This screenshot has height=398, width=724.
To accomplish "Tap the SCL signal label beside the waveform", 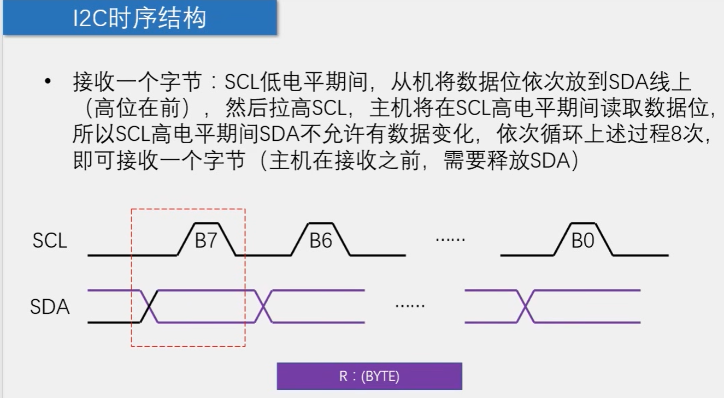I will pos(50,241).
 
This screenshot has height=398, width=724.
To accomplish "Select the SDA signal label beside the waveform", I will pos(50,307).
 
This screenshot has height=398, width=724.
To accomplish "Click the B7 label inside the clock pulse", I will pos(206,241).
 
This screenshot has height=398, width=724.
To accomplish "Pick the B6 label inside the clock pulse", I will pos(321,241).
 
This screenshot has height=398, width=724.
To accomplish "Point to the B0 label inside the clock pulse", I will pos(582,241).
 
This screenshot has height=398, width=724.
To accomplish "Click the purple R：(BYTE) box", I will pos(369,376).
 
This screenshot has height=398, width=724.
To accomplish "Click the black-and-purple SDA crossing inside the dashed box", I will pos(149,306).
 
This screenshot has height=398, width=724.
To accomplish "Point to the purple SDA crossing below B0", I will pos(526,306).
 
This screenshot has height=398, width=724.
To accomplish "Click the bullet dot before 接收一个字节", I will pos(49,82).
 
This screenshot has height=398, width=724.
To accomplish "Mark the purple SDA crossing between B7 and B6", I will pos(263,306).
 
